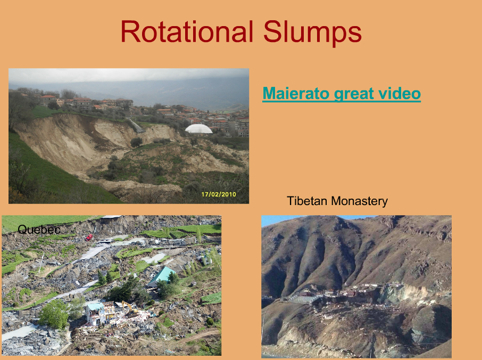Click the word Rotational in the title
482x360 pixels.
click(187, 31)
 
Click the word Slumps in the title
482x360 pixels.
click(312, 33)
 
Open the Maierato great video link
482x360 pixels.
click(342, 94)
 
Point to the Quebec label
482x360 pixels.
click(39, 230)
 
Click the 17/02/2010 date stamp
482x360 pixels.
click(219, 194)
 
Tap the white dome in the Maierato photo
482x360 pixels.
click(198, 129)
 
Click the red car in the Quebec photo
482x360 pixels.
click(89, 237)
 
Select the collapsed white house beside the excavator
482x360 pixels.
click(95, 314)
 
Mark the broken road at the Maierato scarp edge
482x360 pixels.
click(135, 126)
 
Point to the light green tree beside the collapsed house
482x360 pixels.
click(54, 314)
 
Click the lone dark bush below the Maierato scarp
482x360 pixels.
click(136, 142)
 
